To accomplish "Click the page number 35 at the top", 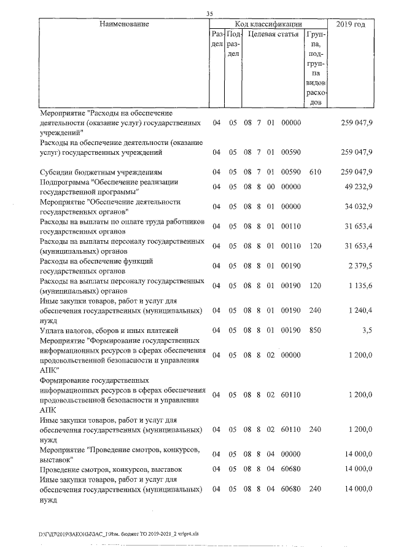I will [x=209, y=14].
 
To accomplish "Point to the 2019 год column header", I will [x=351, y=24].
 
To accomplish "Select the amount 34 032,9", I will [x=357, y=207].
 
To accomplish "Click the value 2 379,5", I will [x=359, y=265].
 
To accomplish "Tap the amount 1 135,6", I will [x=359, y=285].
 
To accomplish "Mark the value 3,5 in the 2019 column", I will [x=367, y=331].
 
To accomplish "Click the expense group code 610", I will [x=316, y=171].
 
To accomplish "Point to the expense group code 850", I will [x=316, y=331].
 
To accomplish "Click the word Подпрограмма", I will [x=64, y=182].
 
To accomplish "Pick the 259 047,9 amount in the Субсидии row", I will [x=357, y=171].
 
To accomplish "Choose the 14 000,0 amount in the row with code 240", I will [x=357, y=490].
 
